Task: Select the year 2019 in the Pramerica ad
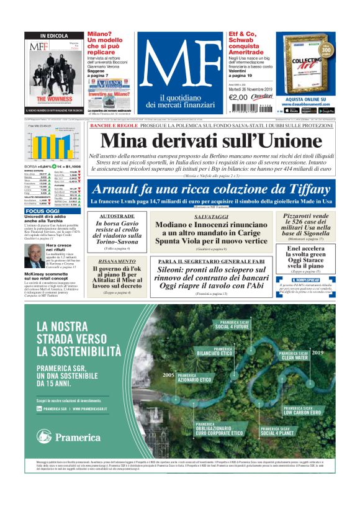[x=318, y=353]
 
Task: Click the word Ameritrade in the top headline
[x=246, y=52]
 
